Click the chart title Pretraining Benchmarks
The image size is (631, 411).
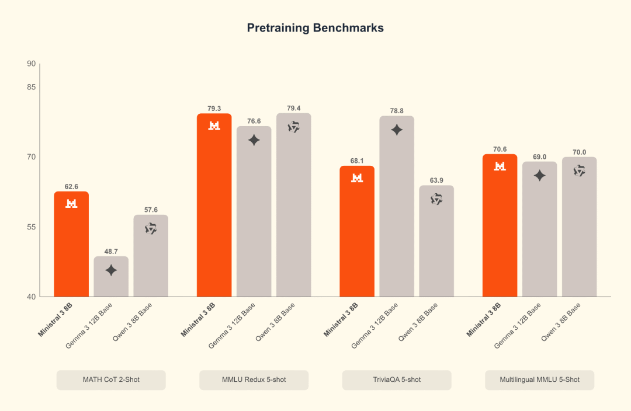[x=315, y=28]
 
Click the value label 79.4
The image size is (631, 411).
[x=294, y=108]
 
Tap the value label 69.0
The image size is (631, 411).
[x=539, y=156]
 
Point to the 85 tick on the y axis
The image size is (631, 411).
[x=31, y=87]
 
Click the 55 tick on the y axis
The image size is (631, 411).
[x=31, y=227]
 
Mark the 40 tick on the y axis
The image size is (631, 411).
[x=31, y=297]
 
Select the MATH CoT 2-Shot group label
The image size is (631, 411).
[x=111, y=380]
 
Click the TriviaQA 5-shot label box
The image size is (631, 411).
[x=397, y=380]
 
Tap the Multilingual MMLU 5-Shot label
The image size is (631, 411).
[x=539, y=380]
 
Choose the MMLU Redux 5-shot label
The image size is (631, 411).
[x=254, y=380]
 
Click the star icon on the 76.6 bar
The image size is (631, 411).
[x=254, y=140]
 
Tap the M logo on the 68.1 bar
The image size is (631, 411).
[x=357, y=177]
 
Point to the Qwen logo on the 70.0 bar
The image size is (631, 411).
[x=579, y=170]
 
